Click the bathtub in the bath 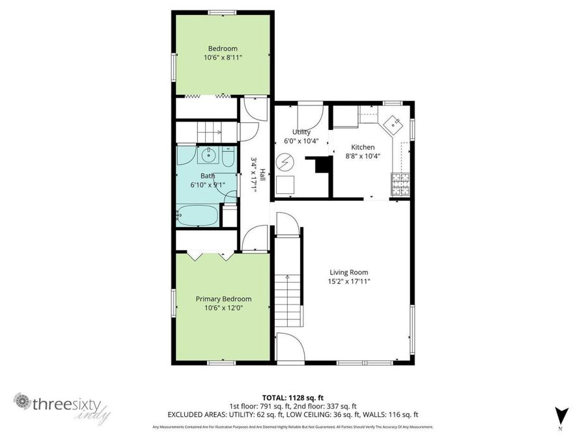pyautogui.click(x=198, y=215)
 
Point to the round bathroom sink pyautogui.click(x=209, y=156)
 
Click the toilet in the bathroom pyautogui.click(x=227, y=157)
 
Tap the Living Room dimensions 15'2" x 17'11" pyautogui.click(x=348, y=282)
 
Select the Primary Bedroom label pyautogui.click(x=223, y=299)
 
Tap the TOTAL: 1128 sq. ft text pyautogui.click(x=292, y=397)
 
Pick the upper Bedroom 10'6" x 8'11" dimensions pyautogui.click(x=223, y=57)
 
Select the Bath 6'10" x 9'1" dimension pyautogui.click(x=208, y=185)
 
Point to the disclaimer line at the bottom pyautogui.click(x=292, y=427)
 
